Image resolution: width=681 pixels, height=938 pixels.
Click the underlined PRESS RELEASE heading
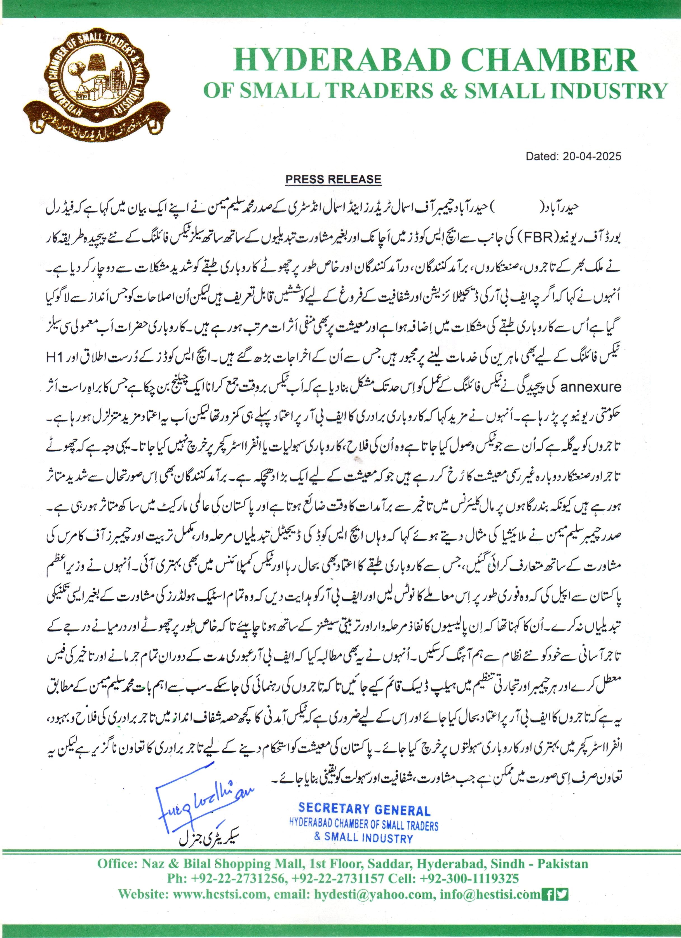tap(333, 179)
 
